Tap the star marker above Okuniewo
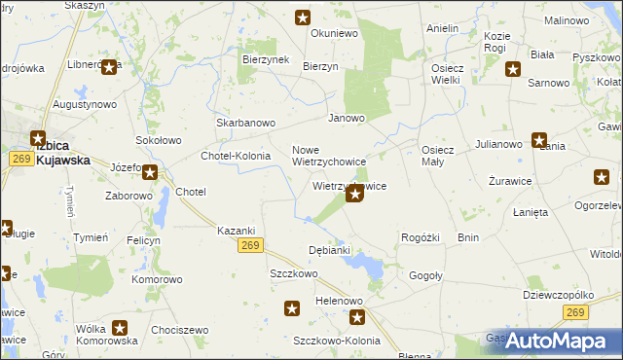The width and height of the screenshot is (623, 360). pos(303,17)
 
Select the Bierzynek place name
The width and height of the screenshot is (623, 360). pos(262,58)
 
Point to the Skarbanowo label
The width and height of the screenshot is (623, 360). pos(246,124)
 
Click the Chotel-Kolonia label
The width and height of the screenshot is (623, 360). pos(235,156)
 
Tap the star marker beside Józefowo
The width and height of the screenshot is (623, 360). pos(150,173)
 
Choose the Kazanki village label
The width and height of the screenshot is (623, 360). pos(236,230)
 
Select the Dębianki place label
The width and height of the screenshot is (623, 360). pos(328,250)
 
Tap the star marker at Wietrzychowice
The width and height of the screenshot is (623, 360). pos(355,195)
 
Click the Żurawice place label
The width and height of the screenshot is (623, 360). pos(505,182)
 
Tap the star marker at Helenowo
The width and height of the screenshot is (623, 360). pos(357,317)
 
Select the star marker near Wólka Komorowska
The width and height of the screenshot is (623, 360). pos(120,329)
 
